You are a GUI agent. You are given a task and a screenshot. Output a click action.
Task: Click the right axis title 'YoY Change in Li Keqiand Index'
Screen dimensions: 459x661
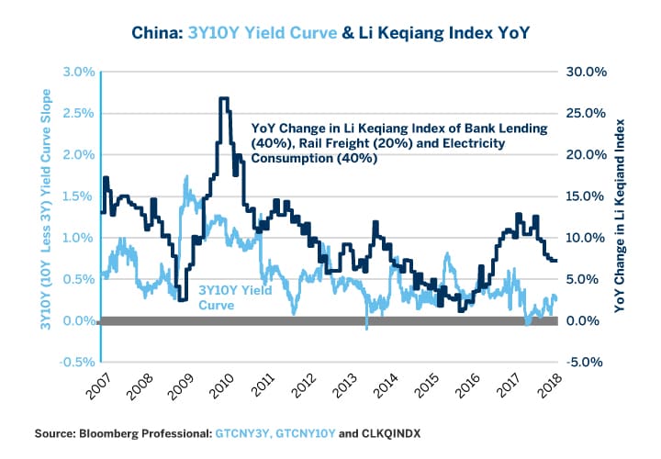624,217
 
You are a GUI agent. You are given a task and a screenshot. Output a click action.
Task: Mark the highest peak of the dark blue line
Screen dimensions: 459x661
223,98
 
